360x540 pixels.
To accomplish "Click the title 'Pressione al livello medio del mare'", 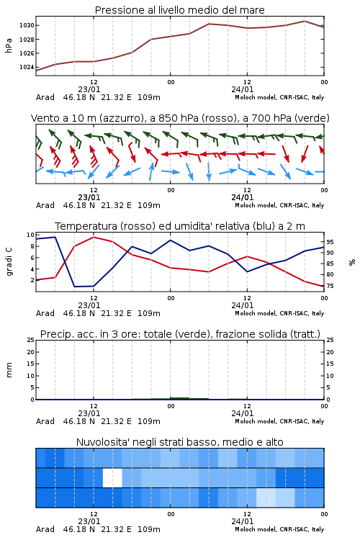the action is tap(179, 10).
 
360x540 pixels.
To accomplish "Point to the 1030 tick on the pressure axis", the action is tap(27, 25).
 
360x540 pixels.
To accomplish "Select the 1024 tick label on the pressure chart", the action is tap(27, 67).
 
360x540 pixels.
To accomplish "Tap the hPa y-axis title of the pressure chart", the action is tap(9, 45).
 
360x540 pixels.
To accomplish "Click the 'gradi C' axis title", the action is tap(9, 261).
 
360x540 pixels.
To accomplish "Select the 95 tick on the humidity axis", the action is tap(330, 242).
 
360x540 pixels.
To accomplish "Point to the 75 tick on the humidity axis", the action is tap(330, 286).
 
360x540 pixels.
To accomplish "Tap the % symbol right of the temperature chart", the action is tap(352, 262).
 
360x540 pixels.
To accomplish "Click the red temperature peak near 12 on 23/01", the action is tap(94, 238).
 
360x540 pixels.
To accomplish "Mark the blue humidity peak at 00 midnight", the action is tap(171, 240).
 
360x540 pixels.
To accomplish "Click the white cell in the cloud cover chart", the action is tap(112, 477).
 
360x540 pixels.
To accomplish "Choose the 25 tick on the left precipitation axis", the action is tap(31, 341).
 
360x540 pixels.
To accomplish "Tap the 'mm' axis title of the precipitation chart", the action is tap(9, 370).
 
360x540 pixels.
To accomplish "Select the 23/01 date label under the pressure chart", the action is tap(89, 89).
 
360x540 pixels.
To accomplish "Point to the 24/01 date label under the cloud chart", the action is tap(243, 521).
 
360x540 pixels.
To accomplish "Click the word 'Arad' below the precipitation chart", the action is tap(45, 421).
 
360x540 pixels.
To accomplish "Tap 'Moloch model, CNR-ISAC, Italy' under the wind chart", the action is tap(279, 206).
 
